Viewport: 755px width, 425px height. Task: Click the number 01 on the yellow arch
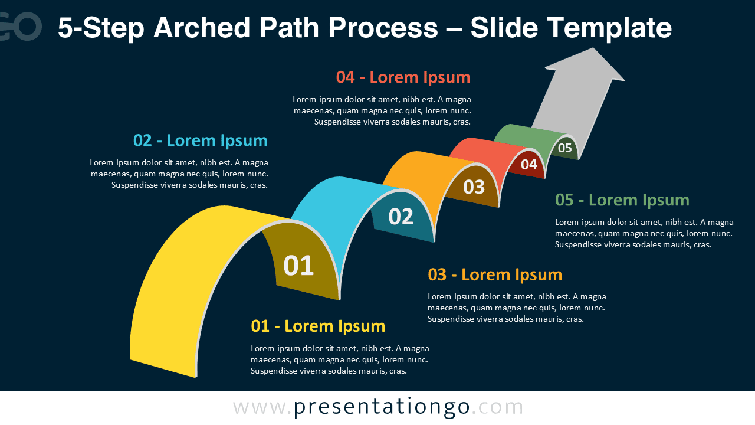click(x=298, y=266)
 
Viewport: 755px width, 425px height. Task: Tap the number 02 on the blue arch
click(x=401, y=217)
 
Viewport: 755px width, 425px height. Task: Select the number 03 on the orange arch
click(x=474, y=187)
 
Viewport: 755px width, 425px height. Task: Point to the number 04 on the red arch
click(x=528, y=165)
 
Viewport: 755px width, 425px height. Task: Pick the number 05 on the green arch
click(x=564, y=148)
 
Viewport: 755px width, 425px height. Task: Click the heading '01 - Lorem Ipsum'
click(x=318, y=326)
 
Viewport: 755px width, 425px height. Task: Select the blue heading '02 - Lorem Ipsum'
click(x=200, y=140)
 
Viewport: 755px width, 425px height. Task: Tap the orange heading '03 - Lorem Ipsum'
click(x=495, y=274)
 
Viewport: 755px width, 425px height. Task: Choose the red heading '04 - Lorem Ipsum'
click(x=403, y=77)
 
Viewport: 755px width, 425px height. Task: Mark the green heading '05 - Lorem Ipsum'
click(x=622, y=200)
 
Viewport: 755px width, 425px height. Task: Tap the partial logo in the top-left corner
click(x=21, y=27)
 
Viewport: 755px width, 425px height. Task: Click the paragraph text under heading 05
click(x=644, y=233)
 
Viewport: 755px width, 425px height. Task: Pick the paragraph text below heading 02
click(x=179, y=174)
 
